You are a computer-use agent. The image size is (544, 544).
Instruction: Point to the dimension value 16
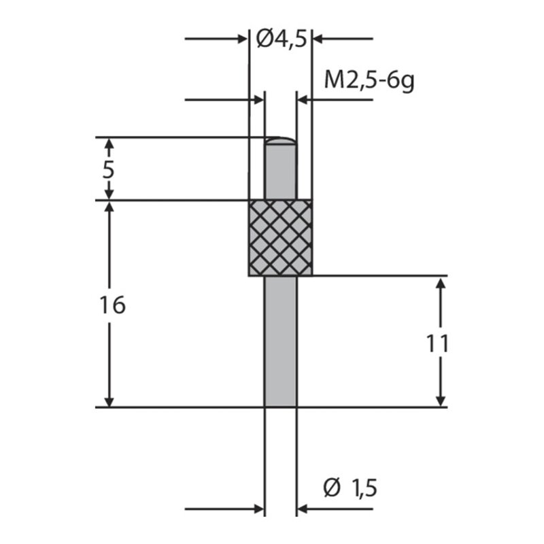[112, 305]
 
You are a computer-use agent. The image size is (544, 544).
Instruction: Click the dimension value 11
[438, 343]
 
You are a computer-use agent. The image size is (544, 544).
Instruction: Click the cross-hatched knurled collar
[280, 238]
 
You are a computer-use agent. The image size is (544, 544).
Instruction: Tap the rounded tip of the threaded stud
[280, 140]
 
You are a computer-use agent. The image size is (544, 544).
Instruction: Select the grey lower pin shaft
[280, 340]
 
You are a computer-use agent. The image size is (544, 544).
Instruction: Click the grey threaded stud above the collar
[280, 173]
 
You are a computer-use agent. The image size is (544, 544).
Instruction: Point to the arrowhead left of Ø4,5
[241, 39]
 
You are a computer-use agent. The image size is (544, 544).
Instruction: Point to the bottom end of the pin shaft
[280, 405]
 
